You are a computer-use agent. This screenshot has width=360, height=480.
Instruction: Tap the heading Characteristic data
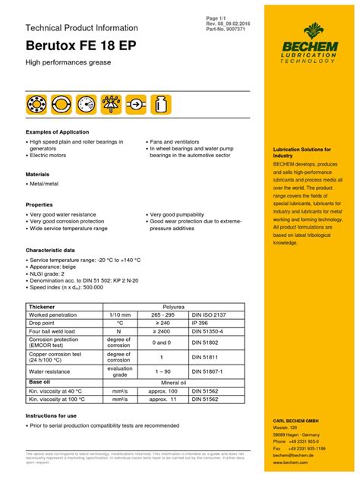50,250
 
